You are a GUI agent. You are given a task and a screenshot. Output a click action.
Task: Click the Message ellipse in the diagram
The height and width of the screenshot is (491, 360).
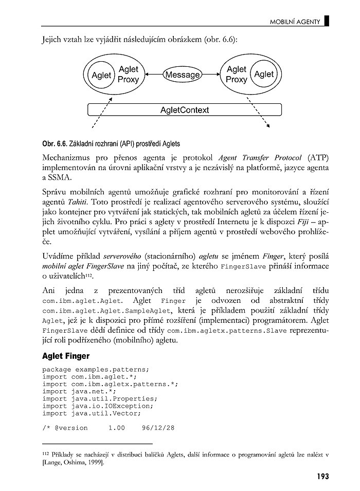[x=182, y=75]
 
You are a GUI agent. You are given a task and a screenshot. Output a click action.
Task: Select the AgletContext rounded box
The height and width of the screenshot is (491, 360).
[x=185, y=110]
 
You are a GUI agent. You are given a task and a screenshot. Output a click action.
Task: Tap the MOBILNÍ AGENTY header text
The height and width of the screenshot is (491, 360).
[x=295, y=22]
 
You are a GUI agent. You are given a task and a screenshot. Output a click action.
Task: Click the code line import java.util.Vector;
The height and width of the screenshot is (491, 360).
[x=92, y=413]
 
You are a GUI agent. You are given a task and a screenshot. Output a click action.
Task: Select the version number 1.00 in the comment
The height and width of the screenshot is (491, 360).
[x=116, y=428]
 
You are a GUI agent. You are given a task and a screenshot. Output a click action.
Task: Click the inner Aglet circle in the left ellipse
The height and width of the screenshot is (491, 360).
[x=101, y=75]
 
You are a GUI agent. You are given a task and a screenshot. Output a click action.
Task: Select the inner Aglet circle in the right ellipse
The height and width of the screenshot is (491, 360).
[x=264, y=74]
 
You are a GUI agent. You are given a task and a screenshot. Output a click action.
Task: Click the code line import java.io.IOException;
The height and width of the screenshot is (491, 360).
[x=100, y=406]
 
